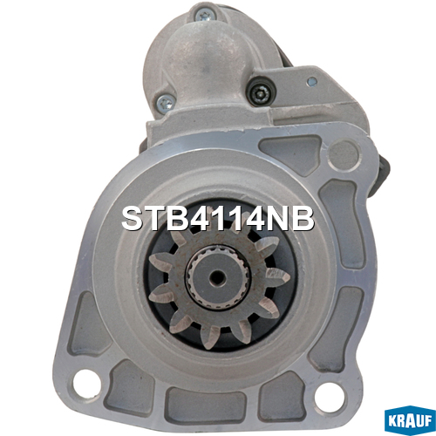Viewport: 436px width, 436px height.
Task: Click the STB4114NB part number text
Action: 218,219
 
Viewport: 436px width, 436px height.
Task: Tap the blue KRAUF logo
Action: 410,421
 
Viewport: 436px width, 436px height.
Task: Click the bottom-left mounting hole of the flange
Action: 86,381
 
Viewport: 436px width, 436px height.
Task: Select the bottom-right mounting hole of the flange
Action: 328,395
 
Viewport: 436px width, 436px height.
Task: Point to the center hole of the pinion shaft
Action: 218,276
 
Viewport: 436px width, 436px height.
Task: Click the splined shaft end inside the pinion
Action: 218,276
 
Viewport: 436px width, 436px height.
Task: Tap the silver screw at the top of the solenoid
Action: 206,13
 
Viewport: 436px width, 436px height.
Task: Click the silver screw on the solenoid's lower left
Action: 167,102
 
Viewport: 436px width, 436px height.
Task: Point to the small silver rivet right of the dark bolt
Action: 312,82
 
